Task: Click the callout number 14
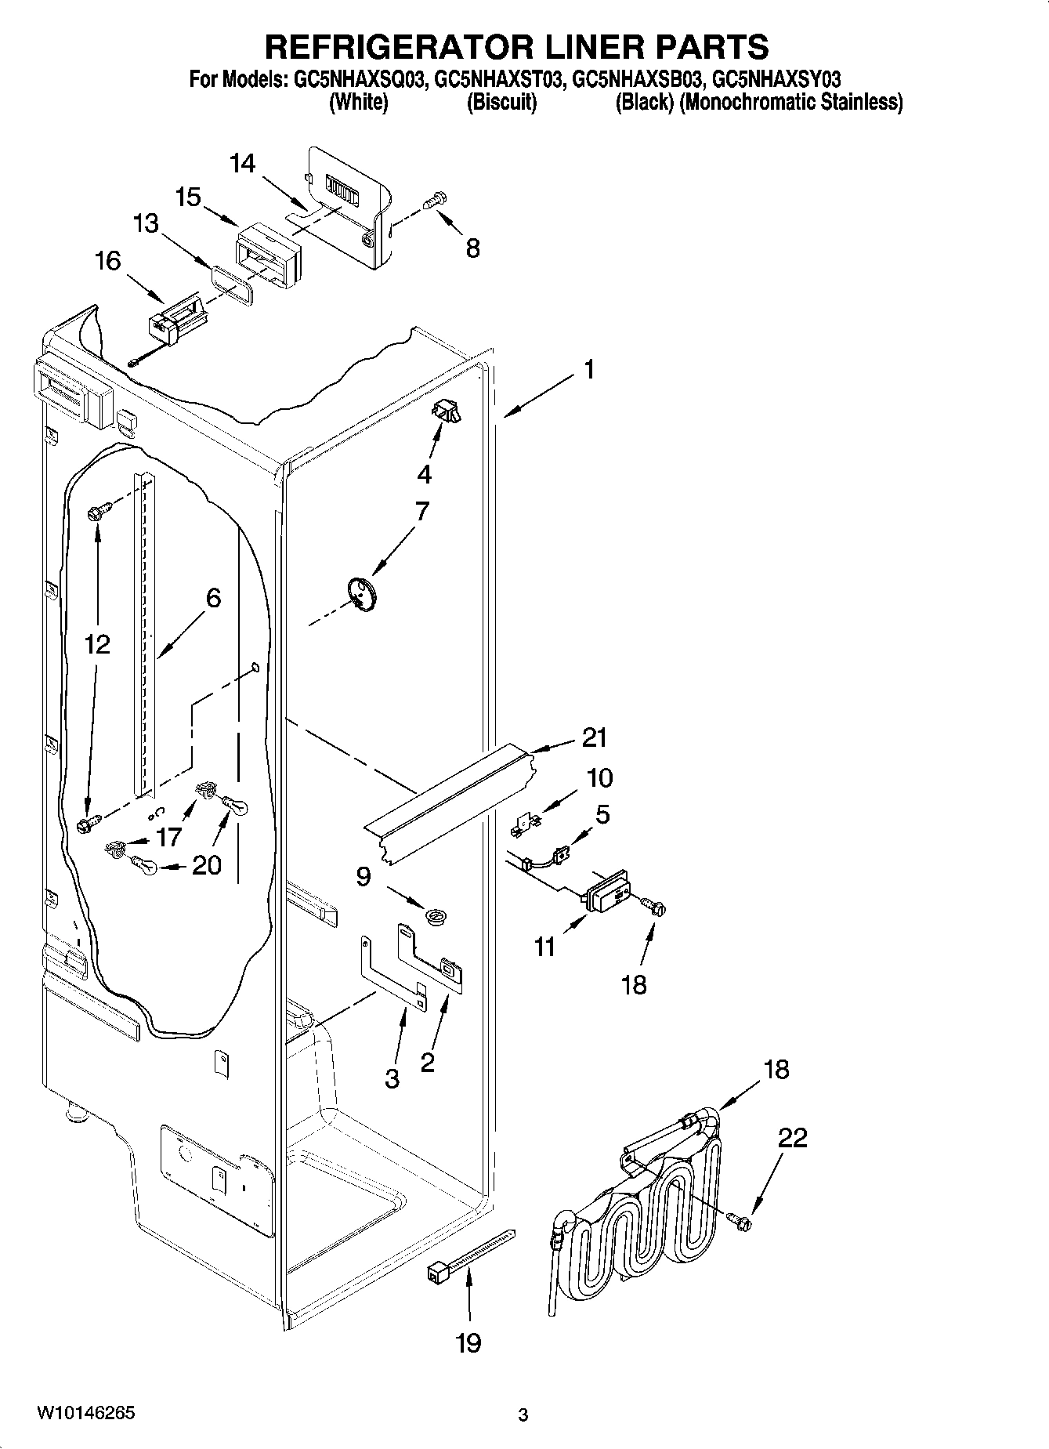click(243, 163)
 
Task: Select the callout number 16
click(108, 261)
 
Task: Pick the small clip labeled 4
click(447, 411)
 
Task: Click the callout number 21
click(595, 737)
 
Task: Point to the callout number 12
click(97, 644)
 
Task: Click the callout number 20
click(207, 865)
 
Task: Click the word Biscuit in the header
click(501, 103)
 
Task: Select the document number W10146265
click(85, 1411)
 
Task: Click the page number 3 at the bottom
click(523, 1415)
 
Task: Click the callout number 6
click(213, 598)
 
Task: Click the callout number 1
click(588, 369)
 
